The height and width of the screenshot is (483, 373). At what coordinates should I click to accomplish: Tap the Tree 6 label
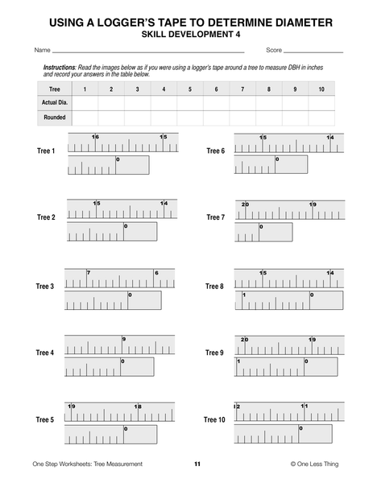click(x=214, y=151)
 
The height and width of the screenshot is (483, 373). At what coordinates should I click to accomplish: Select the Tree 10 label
click(x=214, y=420)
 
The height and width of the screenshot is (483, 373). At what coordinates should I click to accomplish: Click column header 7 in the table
click(x=242, y=89)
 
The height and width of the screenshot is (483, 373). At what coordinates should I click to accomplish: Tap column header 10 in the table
click(x=321, y=89)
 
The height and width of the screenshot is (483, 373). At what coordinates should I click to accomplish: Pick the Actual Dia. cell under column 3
click(x=137, y=103)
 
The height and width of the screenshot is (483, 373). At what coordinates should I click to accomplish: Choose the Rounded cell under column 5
click(x=190, y=118)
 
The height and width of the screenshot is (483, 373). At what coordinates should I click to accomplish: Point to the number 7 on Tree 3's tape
click(x=88, y=273)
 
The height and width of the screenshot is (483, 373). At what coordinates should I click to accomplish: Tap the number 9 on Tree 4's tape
click(x=124, y=339)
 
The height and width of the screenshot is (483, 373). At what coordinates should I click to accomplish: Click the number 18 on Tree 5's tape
click(x=138, y=407)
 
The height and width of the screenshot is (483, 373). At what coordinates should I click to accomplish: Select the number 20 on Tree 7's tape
click(x=245, y=204)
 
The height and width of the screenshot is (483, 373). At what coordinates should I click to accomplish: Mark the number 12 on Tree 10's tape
click(x=237, y=406)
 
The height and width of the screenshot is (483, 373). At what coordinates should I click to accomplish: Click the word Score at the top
click(x=274, y=50)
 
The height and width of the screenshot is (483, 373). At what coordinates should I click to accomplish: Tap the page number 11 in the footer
click(x=197, y=464)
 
